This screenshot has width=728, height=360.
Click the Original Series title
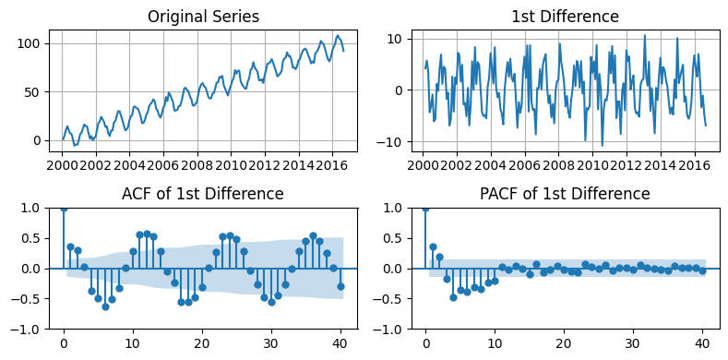tap(203, 17)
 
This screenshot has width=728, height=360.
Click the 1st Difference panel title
tap(565, 17)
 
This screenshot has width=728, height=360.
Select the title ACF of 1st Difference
tap(202, 194)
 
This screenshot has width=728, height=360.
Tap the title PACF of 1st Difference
tap(565, 194)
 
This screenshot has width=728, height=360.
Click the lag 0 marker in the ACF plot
tap(64, 209)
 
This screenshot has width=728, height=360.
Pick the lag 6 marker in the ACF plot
tap(105, 306)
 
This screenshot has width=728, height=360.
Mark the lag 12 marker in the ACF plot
tap(148, 234)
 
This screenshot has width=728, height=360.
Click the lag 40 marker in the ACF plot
tap(340, 286)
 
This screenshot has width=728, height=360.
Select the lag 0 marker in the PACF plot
tap(425, 209)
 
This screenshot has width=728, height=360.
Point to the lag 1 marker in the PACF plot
tap(433, 246)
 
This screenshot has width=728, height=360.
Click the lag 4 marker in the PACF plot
tap(454, 297)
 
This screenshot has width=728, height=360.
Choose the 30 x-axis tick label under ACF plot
tap(271, 343)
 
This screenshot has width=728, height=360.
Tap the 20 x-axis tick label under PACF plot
tap(564, 343)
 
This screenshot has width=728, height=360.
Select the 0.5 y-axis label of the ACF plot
tap(35, 239)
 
